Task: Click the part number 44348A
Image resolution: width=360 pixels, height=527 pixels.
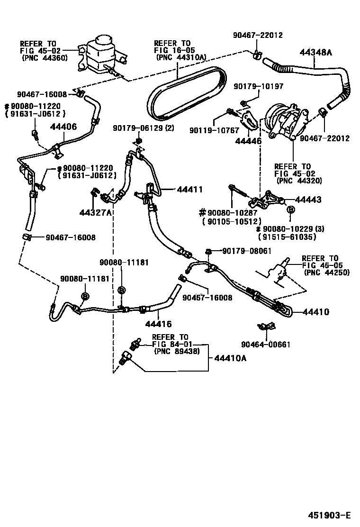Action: [x=316, y=53]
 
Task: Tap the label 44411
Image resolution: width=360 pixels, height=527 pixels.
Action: [x=190, y=189]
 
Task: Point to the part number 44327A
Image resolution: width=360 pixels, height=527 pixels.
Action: [x=95, y=212]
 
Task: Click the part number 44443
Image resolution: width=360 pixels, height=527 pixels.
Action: [x=308, y=200]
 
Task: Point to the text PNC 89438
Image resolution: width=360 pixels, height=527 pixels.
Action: [x=177, y=351]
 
